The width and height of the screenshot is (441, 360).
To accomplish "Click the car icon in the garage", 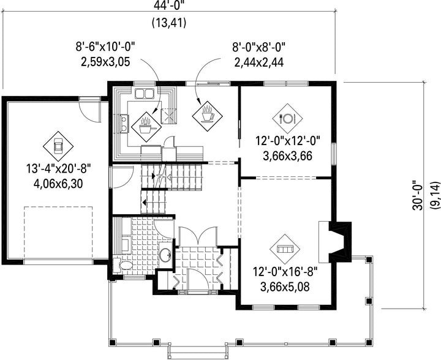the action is [58, 146].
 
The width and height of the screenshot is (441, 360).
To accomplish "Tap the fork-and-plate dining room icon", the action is [287, 119].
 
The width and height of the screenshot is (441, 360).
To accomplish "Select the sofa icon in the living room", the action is [285, 249].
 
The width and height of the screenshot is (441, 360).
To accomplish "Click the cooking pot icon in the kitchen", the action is [146, 127].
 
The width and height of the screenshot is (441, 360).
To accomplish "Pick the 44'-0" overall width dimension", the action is [169, 5].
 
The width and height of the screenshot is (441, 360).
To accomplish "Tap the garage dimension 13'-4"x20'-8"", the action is [59, 169].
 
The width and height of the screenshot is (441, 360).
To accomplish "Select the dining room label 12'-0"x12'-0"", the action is [288, 141].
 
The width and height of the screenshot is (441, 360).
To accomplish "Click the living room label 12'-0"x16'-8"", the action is [285, 272].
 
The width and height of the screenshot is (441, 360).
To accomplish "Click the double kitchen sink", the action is [144, 94].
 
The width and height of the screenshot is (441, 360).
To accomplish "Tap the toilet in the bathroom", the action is [123, 265].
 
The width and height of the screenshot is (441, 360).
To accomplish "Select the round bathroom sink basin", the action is [165, 255].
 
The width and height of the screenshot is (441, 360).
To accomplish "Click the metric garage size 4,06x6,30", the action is [59, 184].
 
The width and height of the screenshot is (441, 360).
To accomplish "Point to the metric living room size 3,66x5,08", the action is [285, 287].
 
